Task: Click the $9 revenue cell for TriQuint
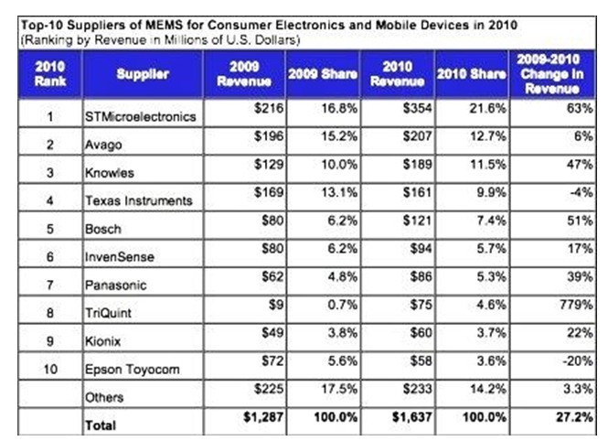(x=262, y=308)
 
